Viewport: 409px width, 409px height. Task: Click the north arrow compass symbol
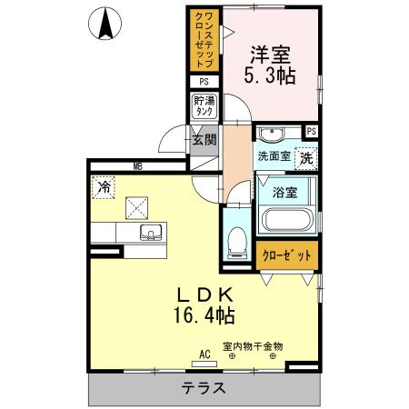[x=107, y=23]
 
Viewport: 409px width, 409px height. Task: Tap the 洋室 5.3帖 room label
[x=270, y=64]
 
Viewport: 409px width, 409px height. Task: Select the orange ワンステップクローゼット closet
[x=204, y=40]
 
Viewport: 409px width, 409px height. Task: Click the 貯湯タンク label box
[x=204, y=105]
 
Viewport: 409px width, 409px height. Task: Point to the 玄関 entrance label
[x=204, y=140]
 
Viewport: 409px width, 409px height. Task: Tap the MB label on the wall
[x=138, y=166]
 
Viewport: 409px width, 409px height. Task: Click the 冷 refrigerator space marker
[x=104, y=187]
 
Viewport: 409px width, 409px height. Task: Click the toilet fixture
[x=236, y=239]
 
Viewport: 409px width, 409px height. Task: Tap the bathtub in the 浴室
[x=286, y=221]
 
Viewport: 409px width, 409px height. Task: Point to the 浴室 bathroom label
[x=285, y=192]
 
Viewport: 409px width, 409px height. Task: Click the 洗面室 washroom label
[x=272, y=156]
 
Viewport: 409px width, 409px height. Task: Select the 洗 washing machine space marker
[x=307, y=156]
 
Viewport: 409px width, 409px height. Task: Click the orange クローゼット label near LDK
[x=286, y=256]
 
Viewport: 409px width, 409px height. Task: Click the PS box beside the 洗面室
[x=312, y=132]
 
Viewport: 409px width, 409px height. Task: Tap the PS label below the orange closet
[x=204, y=82]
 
